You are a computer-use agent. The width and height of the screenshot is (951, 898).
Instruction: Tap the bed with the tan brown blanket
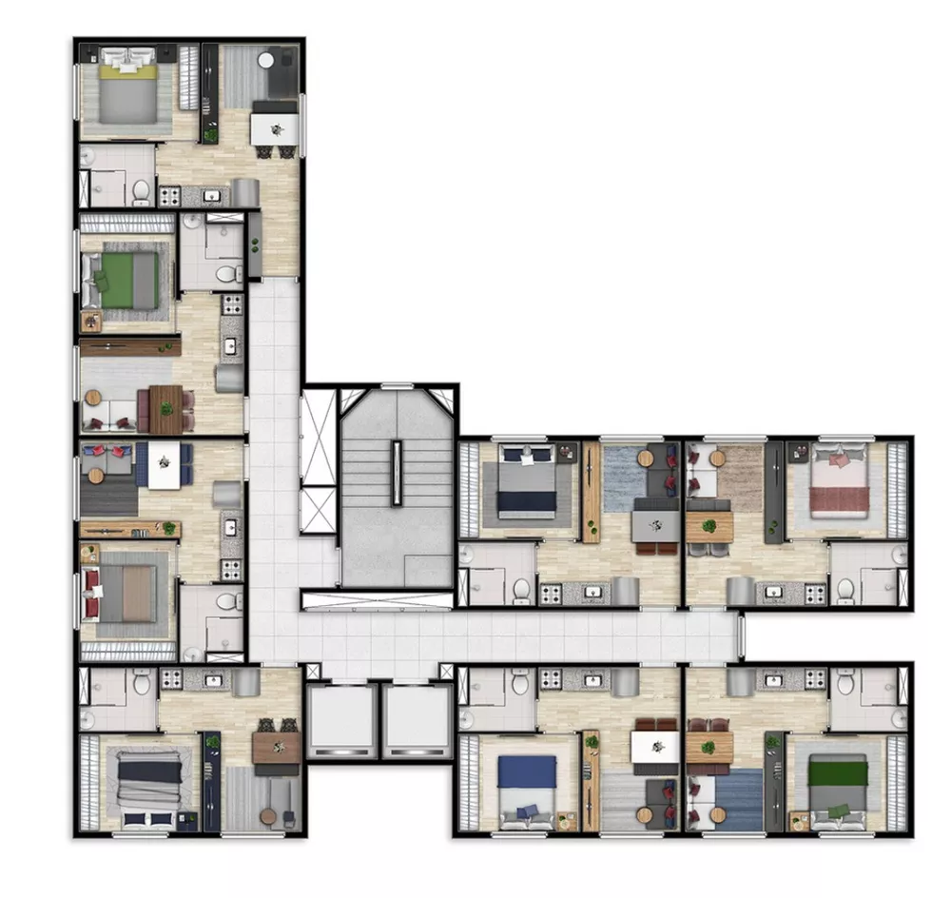[x=126, y=592]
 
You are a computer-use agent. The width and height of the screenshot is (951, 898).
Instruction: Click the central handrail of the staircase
[x=396, y=472]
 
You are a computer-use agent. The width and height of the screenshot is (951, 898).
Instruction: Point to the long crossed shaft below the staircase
[x=377, y=600]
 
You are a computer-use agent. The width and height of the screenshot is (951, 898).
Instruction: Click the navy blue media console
[x=211, y=780]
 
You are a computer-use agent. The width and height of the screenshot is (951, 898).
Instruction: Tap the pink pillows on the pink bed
[x=838, y=460]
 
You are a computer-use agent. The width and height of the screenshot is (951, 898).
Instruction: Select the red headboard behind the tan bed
[x=92, y=592]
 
